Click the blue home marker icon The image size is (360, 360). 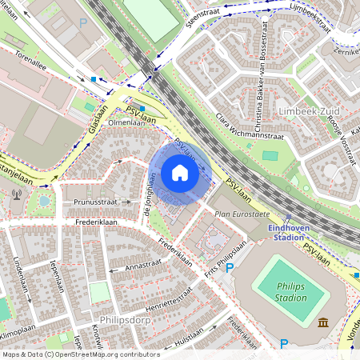click(x=180, y=173)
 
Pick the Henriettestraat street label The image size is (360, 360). click(x=169, y=301)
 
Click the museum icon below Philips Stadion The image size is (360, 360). click(x=323, y=322)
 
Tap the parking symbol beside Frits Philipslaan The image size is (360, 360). click(x=230, y=270)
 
